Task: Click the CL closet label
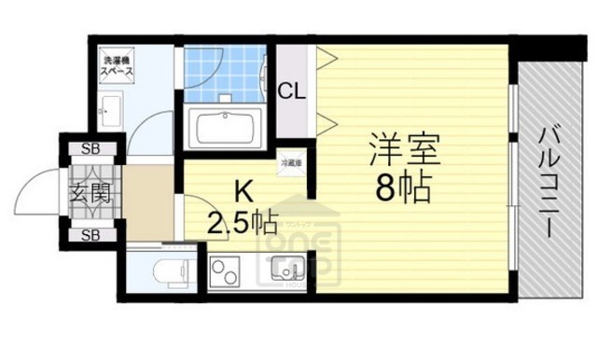click(292, 92)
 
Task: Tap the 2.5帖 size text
click(242, 224)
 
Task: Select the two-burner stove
click(227, 272)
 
